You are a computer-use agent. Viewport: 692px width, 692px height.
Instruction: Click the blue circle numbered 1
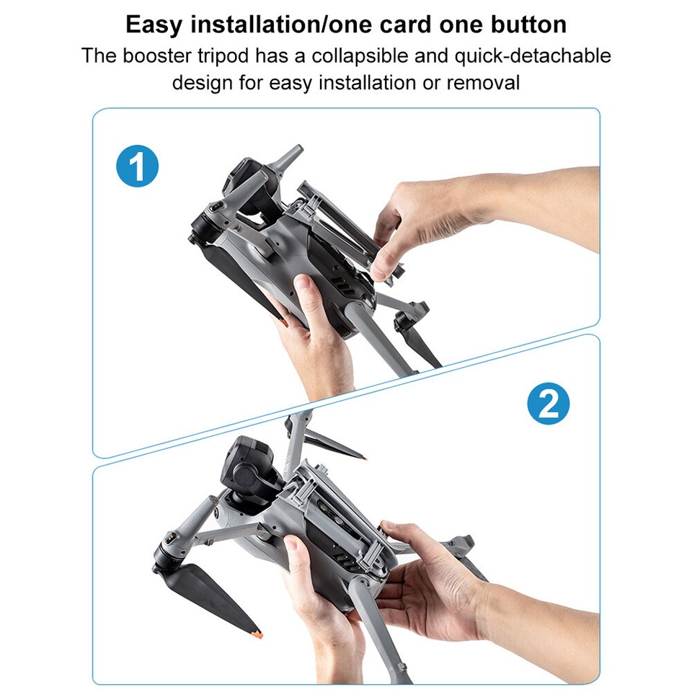(137, 166)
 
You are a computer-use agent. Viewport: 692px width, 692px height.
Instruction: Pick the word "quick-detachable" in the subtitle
(533, 56)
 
